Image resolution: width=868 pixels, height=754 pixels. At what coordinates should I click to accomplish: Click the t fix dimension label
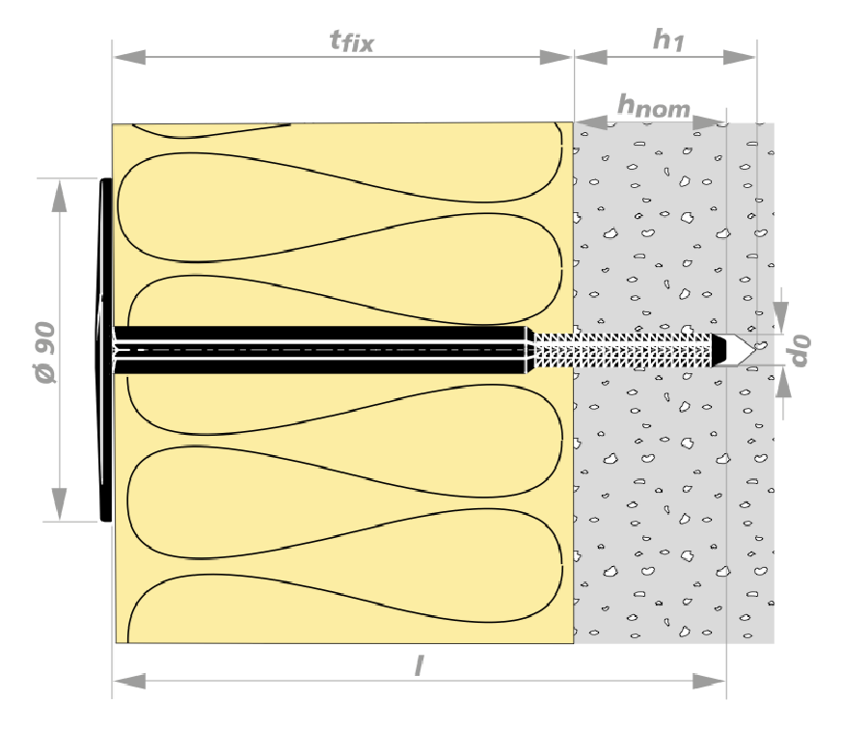pyautogui.click(x=351, y=40)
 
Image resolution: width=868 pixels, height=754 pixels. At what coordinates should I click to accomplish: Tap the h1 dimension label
pyautogui.click(x=668, y=40)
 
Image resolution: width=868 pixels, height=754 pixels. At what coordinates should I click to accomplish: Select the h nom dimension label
pyautogui.click(x=654, y=106)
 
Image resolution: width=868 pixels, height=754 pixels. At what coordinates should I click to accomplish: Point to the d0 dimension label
pyautogui.click(x=800, y=350)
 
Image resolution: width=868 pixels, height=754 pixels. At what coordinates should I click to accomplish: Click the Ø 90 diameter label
pyautogui.click(x=45, y=352)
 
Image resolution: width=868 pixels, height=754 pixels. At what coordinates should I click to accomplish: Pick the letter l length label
pyautogui.click(x=420, y=665)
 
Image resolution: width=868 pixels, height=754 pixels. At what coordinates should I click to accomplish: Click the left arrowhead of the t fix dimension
pyautogui.click(x=129, y=57)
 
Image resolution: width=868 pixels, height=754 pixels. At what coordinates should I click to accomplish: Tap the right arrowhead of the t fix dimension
pyautogui.click(x=556, y=57)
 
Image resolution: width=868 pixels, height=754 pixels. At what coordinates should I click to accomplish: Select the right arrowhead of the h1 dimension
pyautogui.click(x=739, y=57)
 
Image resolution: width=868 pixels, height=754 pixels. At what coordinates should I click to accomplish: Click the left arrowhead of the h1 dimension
pyautogui.click(x=591, y=57)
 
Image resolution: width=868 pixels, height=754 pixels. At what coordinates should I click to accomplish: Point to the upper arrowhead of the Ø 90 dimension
pyautogui.click(x=59, y=196)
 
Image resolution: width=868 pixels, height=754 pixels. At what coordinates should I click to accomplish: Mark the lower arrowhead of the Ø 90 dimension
pyautogui.click(x=59, y=503)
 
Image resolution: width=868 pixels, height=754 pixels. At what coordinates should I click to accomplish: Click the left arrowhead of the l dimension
pyautogui.click(x=129, y=681)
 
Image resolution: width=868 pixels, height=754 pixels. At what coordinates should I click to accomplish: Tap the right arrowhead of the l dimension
pyautogui.click(x=709, y=681)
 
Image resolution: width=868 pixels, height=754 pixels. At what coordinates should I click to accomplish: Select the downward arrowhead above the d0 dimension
pyautogui.click(x=780, y=317)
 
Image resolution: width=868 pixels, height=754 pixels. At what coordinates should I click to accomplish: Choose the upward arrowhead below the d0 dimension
pyautogui.click(x=783, y=383)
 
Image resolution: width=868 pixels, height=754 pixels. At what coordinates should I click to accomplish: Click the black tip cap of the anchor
pyautogui.click(x=719, y=349)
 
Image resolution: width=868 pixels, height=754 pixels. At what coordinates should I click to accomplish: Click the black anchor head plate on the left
pyautogui.click(x=105, y=350)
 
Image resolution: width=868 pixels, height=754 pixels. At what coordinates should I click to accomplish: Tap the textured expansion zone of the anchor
pyautogui.click(x=622, y=350)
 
